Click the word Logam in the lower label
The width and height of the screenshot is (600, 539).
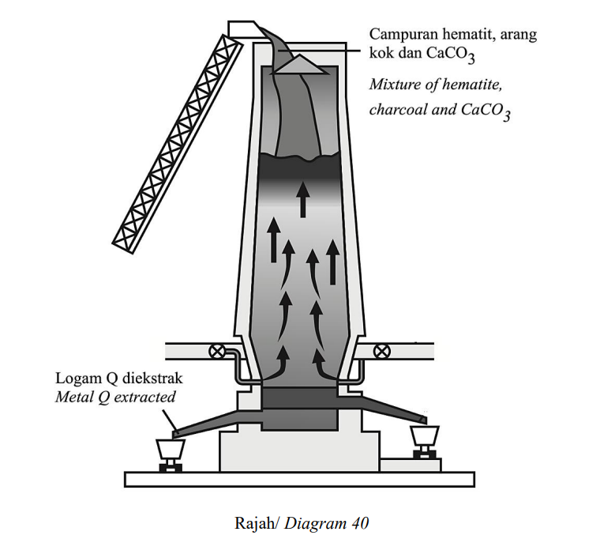pos(73,379)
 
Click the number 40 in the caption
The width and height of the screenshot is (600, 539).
pos(359,523)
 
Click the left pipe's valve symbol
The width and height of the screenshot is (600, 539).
pos(217,351)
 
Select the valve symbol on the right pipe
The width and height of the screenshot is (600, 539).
pos(381,351)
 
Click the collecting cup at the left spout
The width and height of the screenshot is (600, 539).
pos(171,449)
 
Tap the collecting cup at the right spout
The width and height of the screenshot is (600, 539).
pos(425,436)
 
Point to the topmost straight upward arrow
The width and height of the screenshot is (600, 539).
pos(303,200)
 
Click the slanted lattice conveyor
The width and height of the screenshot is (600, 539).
pos(178,143)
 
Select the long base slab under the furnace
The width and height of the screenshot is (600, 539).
pos(299,479)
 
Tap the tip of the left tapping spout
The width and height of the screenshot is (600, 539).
pos(174,435)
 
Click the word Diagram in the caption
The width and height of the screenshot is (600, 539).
pos(315,524)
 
